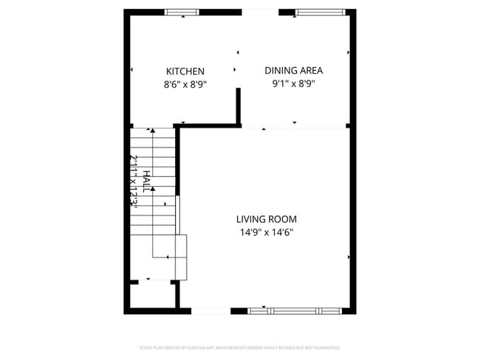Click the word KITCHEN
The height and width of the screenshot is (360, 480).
(185, 72)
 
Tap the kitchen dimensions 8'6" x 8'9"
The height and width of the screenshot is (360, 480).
(185, 85)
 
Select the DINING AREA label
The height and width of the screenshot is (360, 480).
(294, 71)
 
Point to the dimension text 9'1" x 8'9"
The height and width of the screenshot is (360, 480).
(294, 84)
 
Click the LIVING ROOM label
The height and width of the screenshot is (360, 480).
(267, 219)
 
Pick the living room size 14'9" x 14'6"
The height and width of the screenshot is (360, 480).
(267, 232)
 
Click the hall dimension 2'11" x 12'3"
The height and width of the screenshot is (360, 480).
(134, 181)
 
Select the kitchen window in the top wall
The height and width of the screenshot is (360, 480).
(182, 13)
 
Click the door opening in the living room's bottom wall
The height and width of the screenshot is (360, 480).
(210, 311)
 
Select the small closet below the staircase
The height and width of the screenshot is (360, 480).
(153, 295)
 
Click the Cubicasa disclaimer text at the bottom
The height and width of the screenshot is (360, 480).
(239, 347)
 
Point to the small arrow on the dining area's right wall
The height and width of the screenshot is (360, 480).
(348, 53)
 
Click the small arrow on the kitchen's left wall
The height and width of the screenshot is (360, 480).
(131, 70)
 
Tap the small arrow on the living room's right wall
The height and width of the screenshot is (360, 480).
(348, 257)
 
